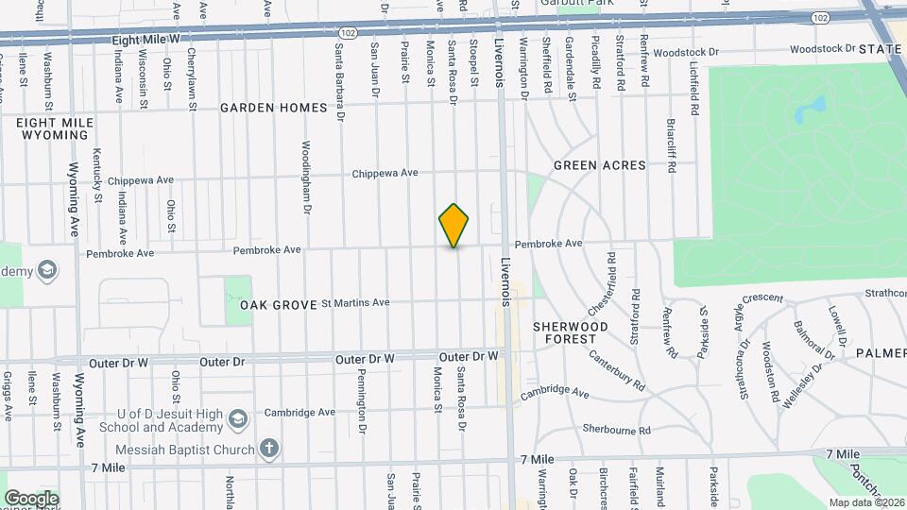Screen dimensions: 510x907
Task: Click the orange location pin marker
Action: pyautogui.click(x=454, y=225)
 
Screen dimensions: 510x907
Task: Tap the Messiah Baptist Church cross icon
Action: pyautogui.click(x=269, y=448)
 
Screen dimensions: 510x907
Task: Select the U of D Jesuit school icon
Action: pyautogui.click(x=239, y=418)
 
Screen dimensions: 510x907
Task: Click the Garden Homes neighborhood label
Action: pyautogui.click(x=273, y=108)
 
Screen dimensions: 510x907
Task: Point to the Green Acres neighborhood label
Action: pyautogui.click(x=599, y=165)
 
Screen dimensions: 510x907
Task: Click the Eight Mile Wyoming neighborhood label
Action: pyautogui.click(x=54, y=129)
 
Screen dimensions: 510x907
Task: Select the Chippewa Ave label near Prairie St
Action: pyautogui.click(x=385, y=174)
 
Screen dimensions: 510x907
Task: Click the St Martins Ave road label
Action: pyautogui.click(x=355, y=303)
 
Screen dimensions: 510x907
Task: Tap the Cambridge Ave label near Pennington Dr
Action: pyautogui.click(x=299, y=413)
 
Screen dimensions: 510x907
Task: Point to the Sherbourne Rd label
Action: pyautogui.click(x=616, y=430)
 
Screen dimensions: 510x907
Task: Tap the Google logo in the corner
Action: pyautogui.click(x=30, y=498)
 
